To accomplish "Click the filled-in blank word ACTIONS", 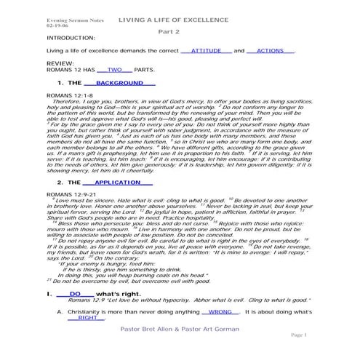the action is tap(271, 52).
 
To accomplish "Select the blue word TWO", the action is tap(114, 71).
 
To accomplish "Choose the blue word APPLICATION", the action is tap(117, 182).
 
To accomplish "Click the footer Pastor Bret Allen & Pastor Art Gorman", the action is tap(176, 338).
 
